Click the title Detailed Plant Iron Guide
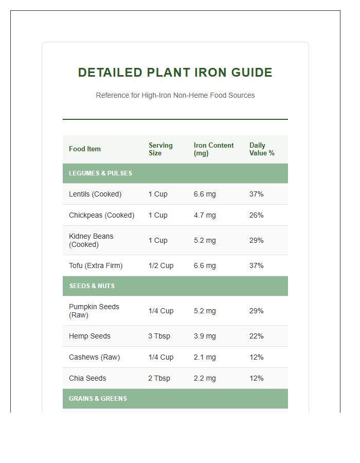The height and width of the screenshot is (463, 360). click(x=175, y=73)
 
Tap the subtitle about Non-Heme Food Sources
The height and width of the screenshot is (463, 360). click(x=175, y=95)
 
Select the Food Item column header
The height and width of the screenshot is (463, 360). click(x=85, y=149)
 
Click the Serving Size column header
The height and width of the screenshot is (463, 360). click(x=160, y=149)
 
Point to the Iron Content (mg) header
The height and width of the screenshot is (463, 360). click(x=213, y=149)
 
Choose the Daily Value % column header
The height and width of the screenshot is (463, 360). click(x=262, y=149)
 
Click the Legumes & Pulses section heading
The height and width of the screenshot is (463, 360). click(x=101, y=173)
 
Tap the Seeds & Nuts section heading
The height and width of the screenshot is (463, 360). click(x=92, y=286)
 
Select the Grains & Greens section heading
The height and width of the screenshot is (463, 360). click(x=98, y=399)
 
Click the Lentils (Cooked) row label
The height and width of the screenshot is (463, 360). click(x=95, y=194)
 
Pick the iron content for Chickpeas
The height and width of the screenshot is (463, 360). click(x=205, y=216)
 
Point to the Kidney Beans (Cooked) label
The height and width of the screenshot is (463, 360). click(x=91, y=240)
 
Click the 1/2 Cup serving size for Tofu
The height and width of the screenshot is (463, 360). click(x=161, y=266)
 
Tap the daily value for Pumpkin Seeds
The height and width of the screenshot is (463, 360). click(x=256, y=311)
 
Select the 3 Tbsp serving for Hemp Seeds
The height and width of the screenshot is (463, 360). click(x=159, y=336)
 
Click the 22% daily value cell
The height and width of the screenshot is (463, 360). click(x=256, y=336)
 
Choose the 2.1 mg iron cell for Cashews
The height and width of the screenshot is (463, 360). click(x=205, y=358)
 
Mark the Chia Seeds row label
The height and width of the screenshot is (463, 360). click(x=87, y=379)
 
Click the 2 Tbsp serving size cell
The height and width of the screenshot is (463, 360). click(x=159, y=379)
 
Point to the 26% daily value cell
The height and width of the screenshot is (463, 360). click(x=256, y=216)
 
